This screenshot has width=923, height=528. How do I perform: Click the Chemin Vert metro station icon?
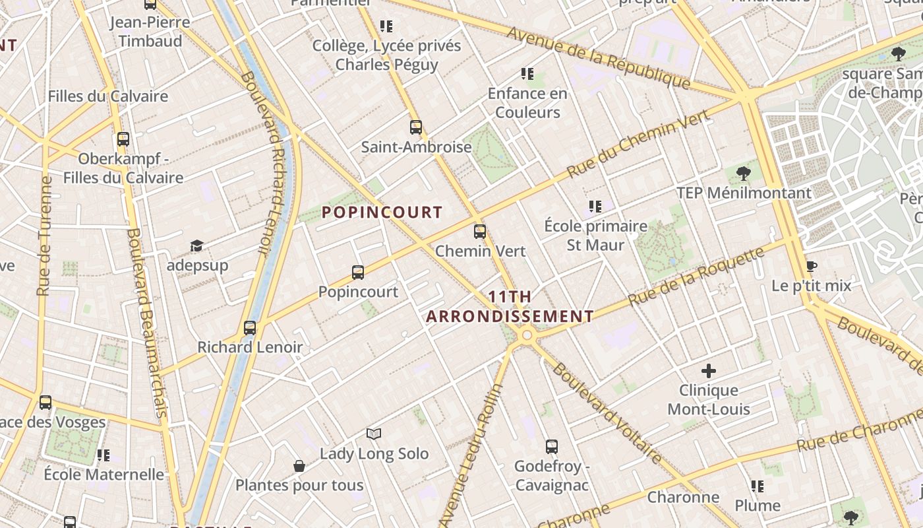(x=480, y=232)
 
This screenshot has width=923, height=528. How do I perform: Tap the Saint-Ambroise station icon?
(x=416, y=127)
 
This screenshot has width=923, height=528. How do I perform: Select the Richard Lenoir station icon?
(x=250, y=328)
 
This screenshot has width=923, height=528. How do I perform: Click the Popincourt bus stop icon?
(x=358, y=273)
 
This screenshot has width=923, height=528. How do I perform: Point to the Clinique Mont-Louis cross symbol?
(x=709, y=371)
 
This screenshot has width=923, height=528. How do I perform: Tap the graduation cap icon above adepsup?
(x=196, y=246)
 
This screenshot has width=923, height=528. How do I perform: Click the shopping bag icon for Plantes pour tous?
(x=299, y=467)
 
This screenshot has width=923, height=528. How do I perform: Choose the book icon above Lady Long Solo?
(x=374, y=434)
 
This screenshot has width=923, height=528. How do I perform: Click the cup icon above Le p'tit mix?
(x=812, y=267)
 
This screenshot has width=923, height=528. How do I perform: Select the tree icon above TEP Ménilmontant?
(x=744, y=174)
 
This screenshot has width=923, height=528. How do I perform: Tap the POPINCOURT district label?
(x=382, y=213)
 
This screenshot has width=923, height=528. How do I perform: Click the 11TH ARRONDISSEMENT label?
(x=510, y=307)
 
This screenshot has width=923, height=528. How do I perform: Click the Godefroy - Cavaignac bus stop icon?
(x=552, y=447)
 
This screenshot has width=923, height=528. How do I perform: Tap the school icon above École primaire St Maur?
(x=595, y=207)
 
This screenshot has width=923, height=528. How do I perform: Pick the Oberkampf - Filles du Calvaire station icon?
(x=123, y=139)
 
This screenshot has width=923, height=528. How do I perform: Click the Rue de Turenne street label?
(x=45, y=236)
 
